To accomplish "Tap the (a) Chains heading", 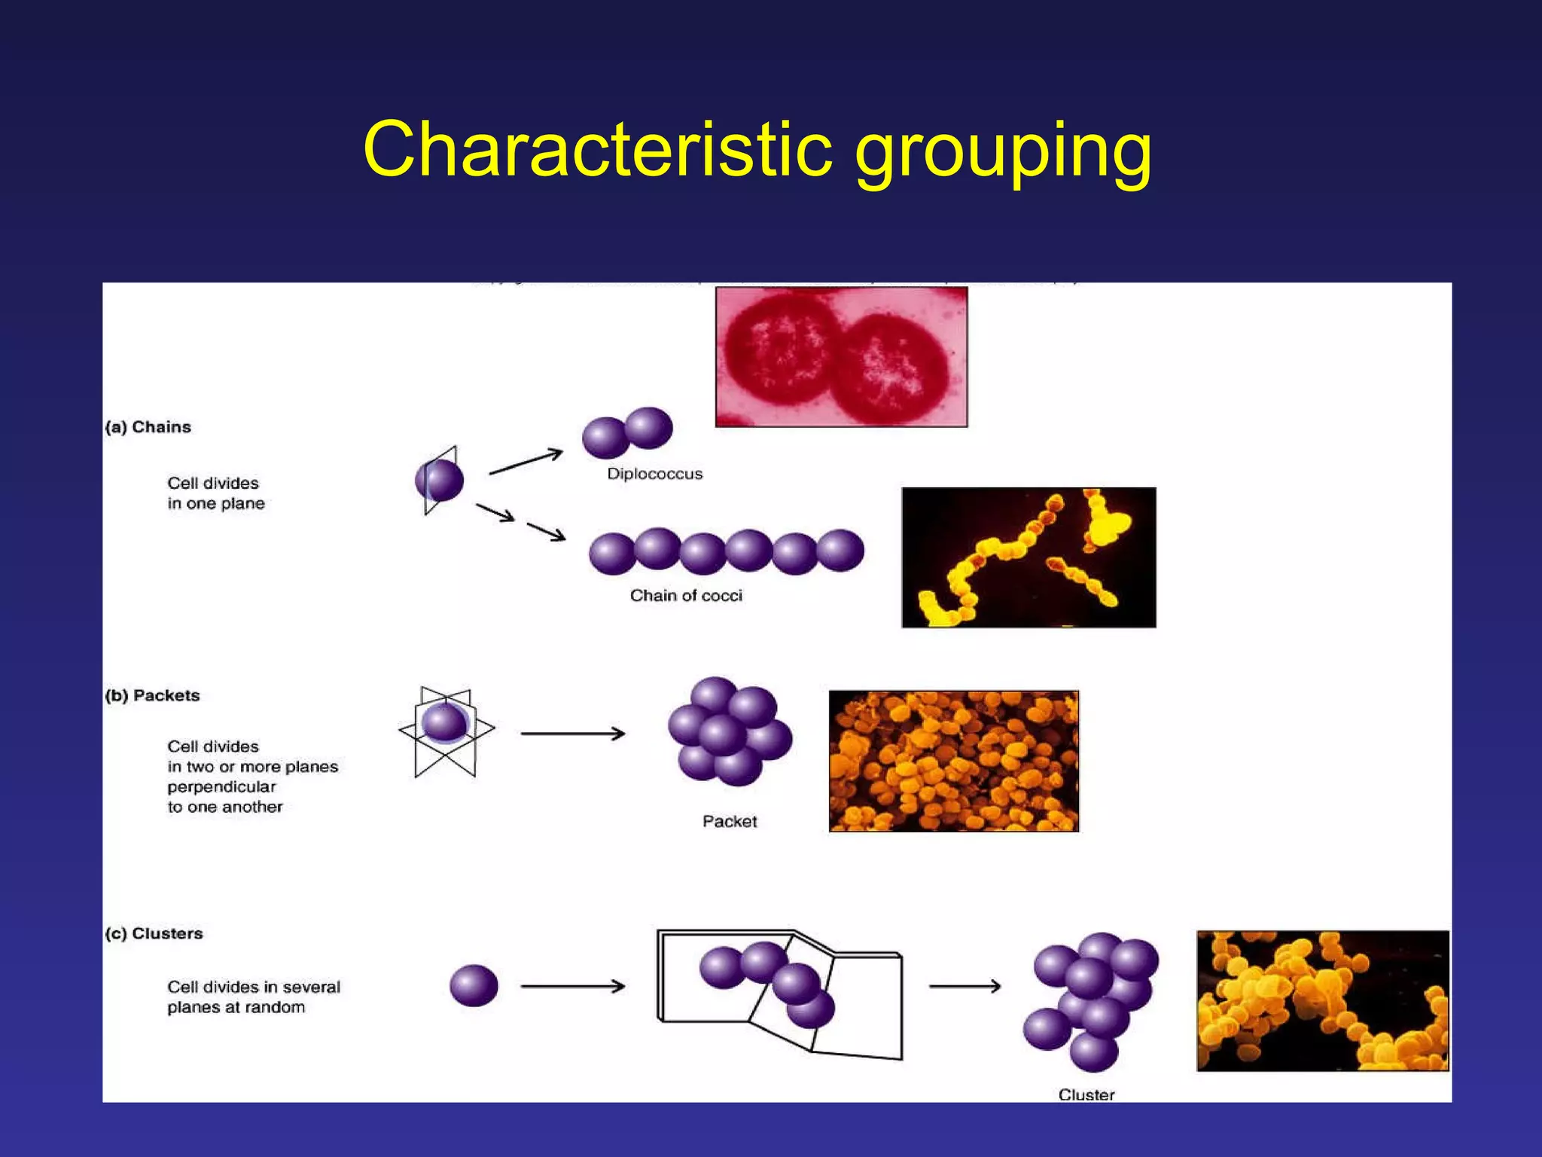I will tap(148, 427).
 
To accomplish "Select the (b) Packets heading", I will tap(153, 695).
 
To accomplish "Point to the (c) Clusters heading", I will tap(154, 933).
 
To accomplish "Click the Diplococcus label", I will tap(654, 474).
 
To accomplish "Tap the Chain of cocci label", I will tap(686, 596).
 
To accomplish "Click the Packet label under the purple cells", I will tap(729, 821).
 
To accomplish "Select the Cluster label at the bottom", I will tap(1086, 1094).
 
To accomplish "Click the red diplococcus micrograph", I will tap(841, 357).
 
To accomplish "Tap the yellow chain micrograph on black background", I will tap(1029, 557).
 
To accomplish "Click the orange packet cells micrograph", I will tap(953, 761).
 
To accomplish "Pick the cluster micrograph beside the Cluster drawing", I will tap(1322, 1000).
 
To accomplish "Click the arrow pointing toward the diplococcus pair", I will tap(526, 462).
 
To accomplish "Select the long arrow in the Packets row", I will tap(572, 733).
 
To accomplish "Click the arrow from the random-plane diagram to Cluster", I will tap(965, 986).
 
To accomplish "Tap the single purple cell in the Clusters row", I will tap(474, 985).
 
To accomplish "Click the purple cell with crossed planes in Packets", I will tap(444, 724).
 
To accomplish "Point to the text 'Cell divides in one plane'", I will tap(215, 493).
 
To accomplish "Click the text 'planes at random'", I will tap(236, 1008).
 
